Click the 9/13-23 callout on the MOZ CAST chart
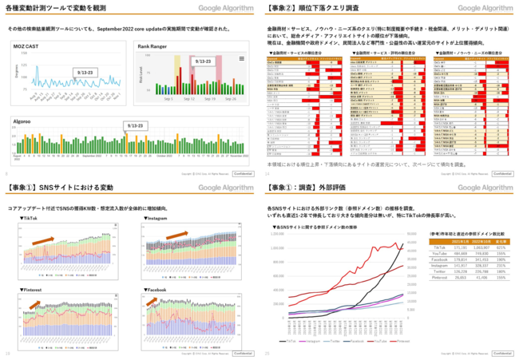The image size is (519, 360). tap(84, 72)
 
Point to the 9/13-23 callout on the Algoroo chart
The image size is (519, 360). tap(137, 126)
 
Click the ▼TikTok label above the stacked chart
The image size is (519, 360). tap(28, 218)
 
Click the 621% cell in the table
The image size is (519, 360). tap(503, 248)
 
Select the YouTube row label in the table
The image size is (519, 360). tap(440, 253)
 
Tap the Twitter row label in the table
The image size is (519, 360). tap(440, 270)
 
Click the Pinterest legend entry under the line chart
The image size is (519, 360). tap(401, 341)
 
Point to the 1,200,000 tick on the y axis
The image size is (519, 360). tap(276, 235)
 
